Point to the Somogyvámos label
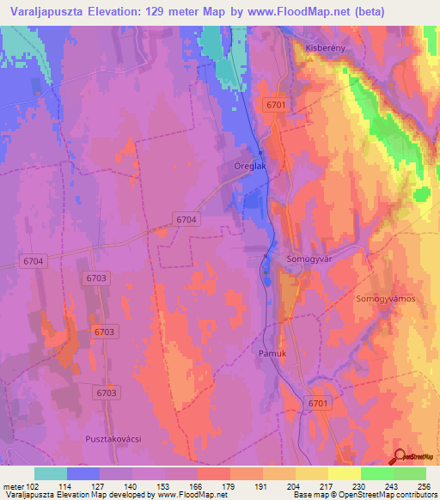pos(386,298)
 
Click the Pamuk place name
pos(271,353)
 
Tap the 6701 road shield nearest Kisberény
pos(275,105)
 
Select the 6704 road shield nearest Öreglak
pos(185,220)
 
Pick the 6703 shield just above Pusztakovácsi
pos(106,393)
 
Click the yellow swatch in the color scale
pos(344,473)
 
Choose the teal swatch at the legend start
pos(51,473)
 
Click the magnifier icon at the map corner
pos(400,457)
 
